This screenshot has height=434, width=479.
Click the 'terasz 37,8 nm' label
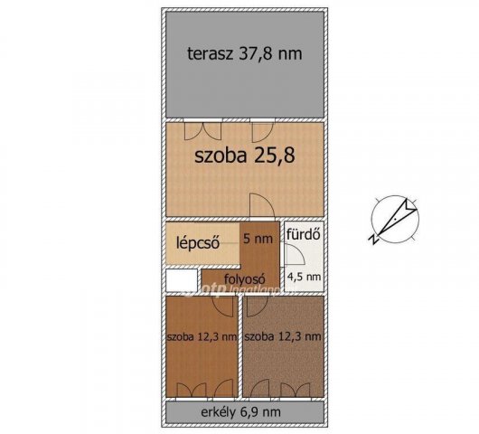pyautogui.click(x=243, y=53)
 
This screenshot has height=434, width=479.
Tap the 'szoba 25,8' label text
pyautogui.click(x=245, y=155)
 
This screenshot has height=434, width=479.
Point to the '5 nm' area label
pyautogui.click(x=258, y=239)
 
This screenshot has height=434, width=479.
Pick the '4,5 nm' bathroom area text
pyautogui.click(x=304, y=277)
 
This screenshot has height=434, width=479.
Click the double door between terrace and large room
pyautogui.click(x=202, y=129)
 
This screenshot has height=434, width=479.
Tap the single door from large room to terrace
pyautogui.click(x=262, y=129)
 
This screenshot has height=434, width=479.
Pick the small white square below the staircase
pyautogui.click(x=182, y=280)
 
